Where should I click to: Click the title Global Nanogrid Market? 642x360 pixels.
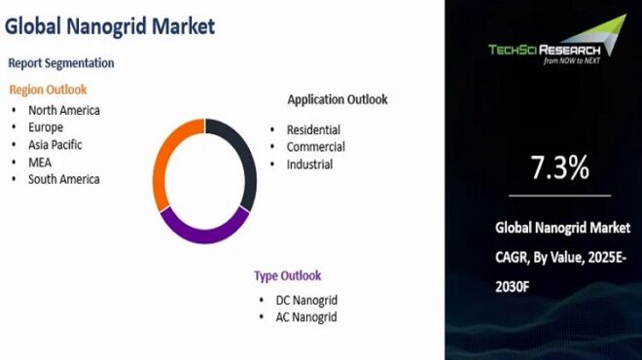tap(109, 26)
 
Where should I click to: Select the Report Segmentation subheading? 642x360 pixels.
tap(61, 63)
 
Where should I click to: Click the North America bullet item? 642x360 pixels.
tap(63, 110)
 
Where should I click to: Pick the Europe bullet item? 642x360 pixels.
tap(46, 127)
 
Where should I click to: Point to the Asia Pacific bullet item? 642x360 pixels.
tap(54, 145)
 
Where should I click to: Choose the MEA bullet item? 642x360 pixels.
tap(40, 162)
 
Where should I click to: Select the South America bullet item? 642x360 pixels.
tap(63, 179)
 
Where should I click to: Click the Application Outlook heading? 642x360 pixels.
tap(337, 99)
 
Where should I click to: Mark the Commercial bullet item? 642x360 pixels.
tap(315, 147)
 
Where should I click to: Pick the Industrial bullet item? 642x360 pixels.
tap(309, 164)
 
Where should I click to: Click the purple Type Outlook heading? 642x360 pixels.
tap(287, 275)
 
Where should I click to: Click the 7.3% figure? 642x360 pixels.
tap(559, 168)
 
